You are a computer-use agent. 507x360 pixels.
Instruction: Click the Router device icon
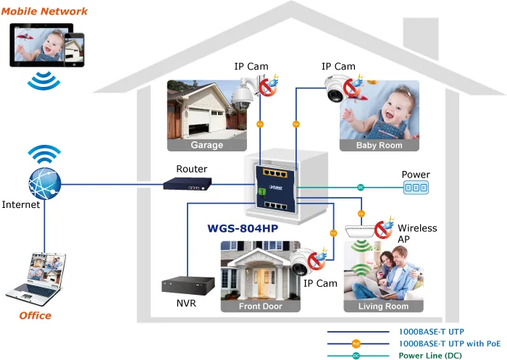[187, 183]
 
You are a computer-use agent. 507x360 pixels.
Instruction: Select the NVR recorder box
[188, 285]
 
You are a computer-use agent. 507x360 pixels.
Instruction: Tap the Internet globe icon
[45, 183]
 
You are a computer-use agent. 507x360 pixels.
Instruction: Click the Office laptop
[35, 280]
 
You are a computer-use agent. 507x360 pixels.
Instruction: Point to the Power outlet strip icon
[416, 188]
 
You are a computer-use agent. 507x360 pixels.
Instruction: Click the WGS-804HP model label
[243, 228]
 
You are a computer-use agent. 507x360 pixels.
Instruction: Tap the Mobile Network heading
[44, 12]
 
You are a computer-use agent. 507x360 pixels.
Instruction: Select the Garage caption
[207, 145]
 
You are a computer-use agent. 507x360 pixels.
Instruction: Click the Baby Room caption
[380, 145]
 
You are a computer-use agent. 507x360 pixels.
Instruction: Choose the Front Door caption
[261, 306]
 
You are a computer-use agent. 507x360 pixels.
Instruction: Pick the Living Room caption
[383, 306]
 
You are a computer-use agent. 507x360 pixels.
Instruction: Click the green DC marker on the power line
[361, 188]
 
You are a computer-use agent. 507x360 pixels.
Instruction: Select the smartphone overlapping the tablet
[74, 50]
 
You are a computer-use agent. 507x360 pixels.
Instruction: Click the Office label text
[35, 316]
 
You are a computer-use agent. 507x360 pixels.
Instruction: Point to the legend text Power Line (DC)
[430, 356]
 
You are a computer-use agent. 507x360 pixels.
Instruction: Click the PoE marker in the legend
[356, 344]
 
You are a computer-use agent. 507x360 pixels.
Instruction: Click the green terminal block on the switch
[261, 193]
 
